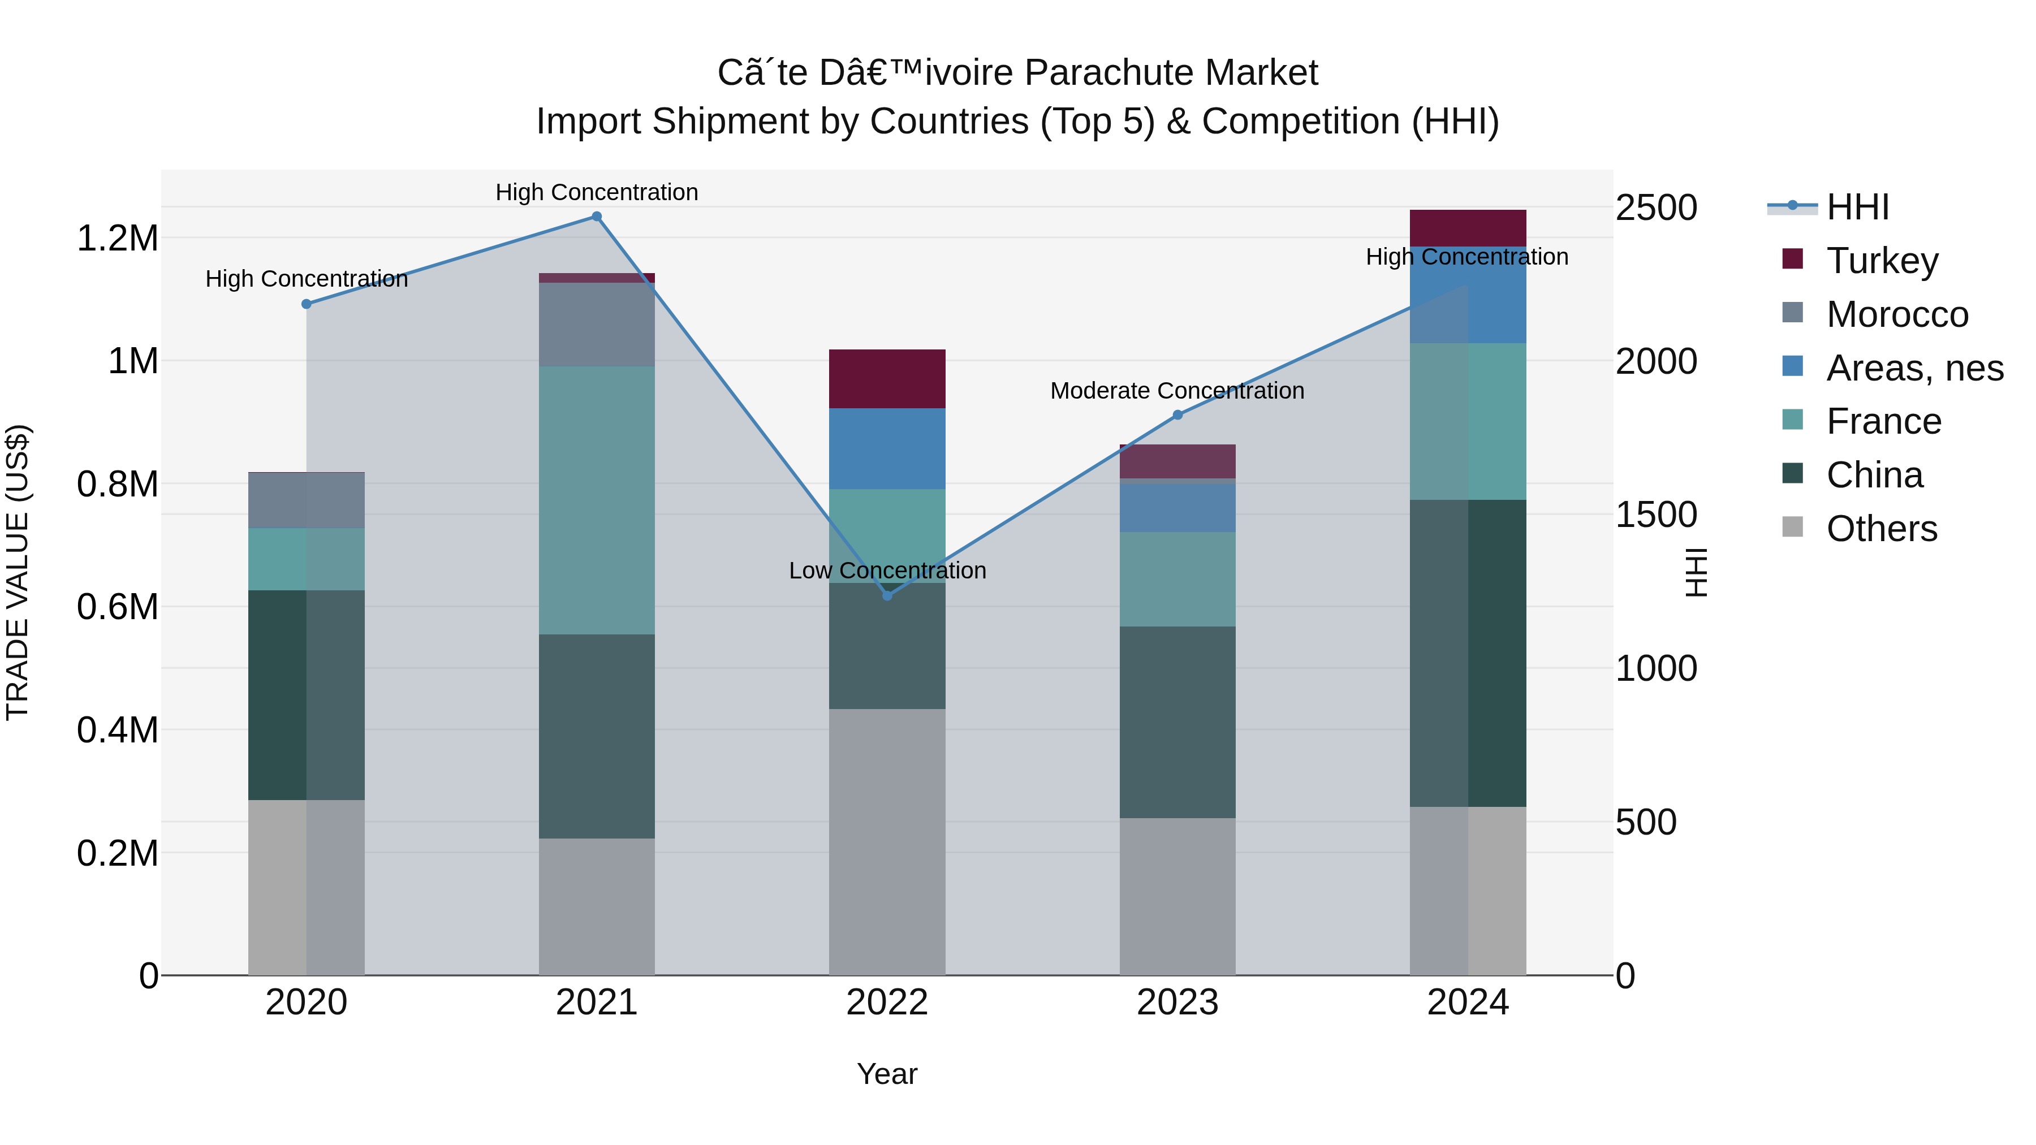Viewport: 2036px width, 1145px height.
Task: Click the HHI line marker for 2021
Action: tap(597, 217)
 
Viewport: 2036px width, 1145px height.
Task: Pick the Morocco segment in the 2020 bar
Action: tap(307, 500)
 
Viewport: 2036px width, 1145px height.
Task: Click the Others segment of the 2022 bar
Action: tap(887, 841)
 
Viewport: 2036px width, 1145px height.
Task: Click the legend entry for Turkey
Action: tap(1882, 261)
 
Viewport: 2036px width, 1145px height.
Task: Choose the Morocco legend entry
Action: tap(1897, 314)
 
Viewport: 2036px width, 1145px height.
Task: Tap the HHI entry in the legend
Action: tap(1857, 207)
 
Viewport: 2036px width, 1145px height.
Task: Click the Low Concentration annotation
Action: tap(887, 571)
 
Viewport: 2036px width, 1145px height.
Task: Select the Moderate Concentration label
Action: tap(1177, 391)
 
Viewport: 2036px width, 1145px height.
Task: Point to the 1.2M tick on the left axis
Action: tap(117, 238)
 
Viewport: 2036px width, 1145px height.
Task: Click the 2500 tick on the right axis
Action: tap(1656, 208)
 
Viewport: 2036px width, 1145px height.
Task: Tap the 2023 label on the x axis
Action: tap(1177, 1003)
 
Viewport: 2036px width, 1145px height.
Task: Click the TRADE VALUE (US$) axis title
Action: tap(18, 572)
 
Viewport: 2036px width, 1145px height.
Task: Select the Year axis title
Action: tap(887, 1074)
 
